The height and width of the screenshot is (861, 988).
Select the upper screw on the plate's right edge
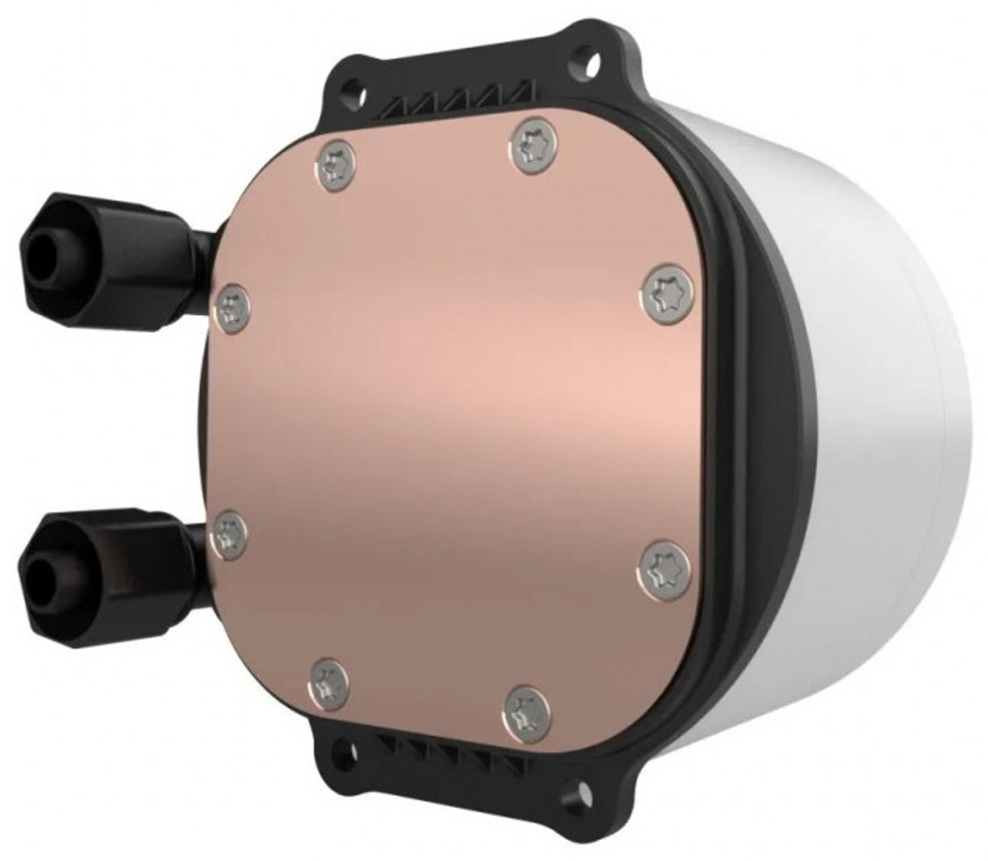pos(668,293)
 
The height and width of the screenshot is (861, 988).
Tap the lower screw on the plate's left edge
pos(230,534)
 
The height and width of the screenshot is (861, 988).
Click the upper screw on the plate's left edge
pos(232,308)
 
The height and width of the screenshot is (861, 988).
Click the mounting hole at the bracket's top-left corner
pos(349,89)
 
